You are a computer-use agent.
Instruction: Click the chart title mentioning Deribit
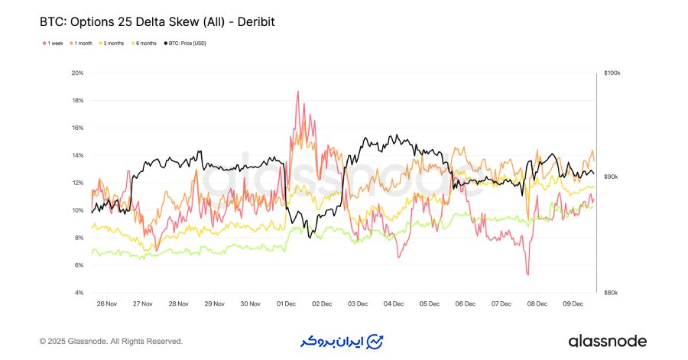click(157, 22)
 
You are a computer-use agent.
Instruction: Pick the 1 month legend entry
click(83, 44)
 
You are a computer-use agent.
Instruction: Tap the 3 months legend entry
click(112, 44)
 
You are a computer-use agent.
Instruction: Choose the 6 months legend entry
click(145, 44)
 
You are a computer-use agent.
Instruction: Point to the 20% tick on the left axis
click(77, 73)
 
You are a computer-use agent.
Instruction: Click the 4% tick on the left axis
click(78, 294)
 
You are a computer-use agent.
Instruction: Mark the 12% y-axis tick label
click(77, 183)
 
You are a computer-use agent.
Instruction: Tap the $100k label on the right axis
click(612, 73)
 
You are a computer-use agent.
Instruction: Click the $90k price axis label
click(611, 177)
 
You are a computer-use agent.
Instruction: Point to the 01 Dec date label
click(286, 303)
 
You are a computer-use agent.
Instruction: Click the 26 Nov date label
click(107, 303)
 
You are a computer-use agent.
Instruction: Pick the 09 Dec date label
click(573, 303)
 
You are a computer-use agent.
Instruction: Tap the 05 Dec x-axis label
click(430, 303)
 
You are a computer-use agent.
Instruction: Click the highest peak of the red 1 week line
click(297, 92)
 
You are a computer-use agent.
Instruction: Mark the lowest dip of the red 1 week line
click(527, 274)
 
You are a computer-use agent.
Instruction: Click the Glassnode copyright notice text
click(112, 341)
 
